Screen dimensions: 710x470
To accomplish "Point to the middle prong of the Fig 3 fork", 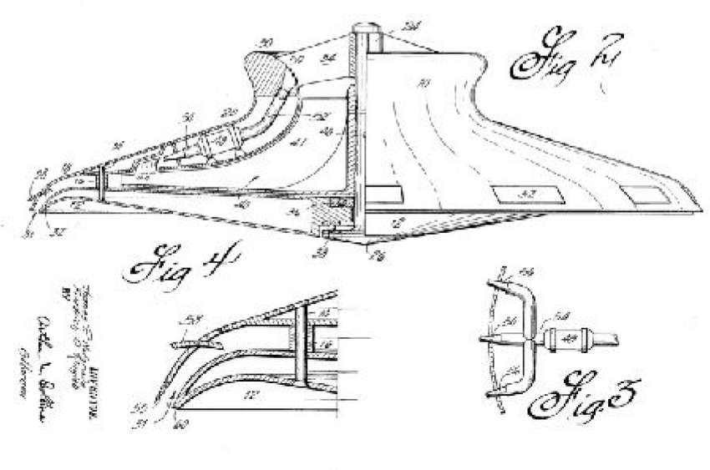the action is [x=501, y=340].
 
